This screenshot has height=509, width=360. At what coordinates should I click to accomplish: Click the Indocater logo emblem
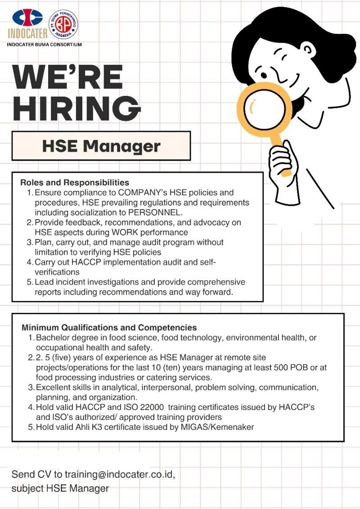pyautogui.click(x=27, y=18)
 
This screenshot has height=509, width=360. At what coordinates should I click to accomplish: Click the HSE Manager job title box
pyautogui.click(x=101, y=146)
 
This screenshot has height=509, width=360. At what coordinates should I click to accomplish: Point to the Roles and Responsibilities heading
pyautogui.click(x=75, y=183)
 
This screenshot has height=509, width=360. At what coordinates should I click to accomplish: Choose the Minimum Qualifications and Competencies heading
pyautogui.click(x=109, y=328)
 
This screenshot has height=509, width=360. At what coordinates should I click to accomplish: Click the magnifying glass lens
pyautogui.click(x=267, y=108)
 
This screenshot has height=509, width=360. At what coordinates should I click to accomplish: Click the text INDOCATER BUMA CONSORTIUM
pyautogui.click(x=44, y=45)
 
